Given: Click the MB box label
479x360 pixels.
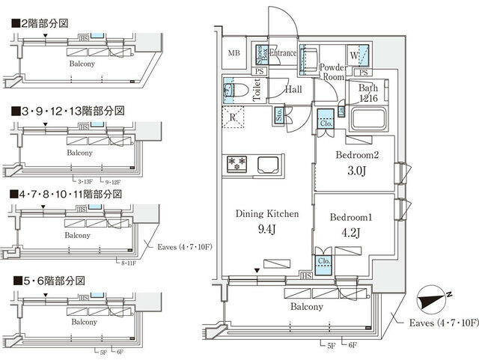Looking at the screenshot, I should click(234, 52).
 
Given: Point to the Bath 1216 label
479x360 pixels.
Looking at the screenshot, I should click(367, 94).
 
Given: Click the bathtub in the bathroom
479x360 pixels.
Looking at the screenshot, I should click(367, 120).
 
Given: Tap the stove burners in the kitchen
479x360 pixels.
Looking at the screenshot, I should click(238, 163).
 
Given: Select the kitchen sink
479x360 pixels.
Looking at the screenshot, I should click(266, 163).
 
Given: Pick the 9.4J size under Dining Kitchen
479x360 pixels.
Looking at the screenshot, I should click(266, 228).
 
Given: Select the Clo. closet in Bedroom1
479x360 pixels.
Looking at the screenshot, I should click(325, 262).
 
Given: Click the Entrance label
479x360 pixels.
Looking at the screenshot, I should click(283, 53).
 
